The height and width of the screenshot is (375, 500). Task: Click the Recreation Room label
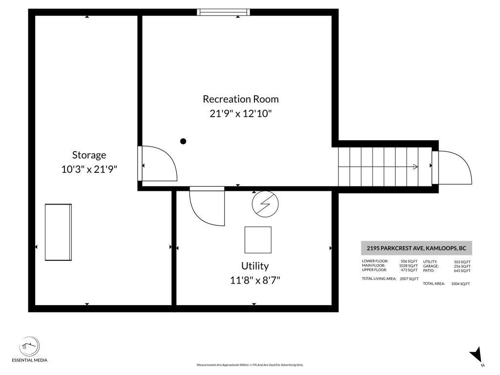(241, 99)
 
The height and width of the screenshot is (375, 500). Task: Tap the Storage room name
(89, 155)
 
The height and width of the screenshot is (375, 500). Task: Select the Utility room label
(255, 266)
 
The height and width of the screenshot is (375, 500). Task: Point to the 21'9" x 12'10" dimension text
(241, 113)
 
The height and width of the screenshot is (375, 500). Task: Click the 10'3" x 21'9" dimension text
(89, 169)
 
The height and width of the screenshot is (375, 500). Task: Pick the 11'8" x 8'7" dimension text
(255, 280)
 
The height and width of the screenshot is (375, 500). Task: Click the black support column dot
(183, 141)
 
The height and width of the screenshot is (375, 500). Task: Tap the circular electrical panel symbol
(265, 204)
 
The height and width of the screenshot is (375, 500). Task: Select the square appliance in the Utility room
(258, 240)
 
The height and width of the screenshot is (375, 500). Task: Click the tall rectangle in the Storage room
(59, 232)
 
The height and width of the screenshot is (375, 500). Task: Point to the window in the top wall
(223, 12)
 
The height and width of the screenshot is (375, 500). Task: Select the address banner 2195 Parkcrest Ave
(417, 248)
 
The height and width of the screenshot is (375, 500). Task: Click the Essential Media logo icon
(29, 346)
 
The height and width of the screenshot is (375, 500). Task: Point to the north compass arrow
(477, 355)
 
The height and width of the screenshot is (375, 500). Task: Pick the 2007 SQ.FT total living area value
(409, 279)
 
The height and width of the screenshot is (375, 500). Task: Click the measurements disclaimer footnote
(250, 365)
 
